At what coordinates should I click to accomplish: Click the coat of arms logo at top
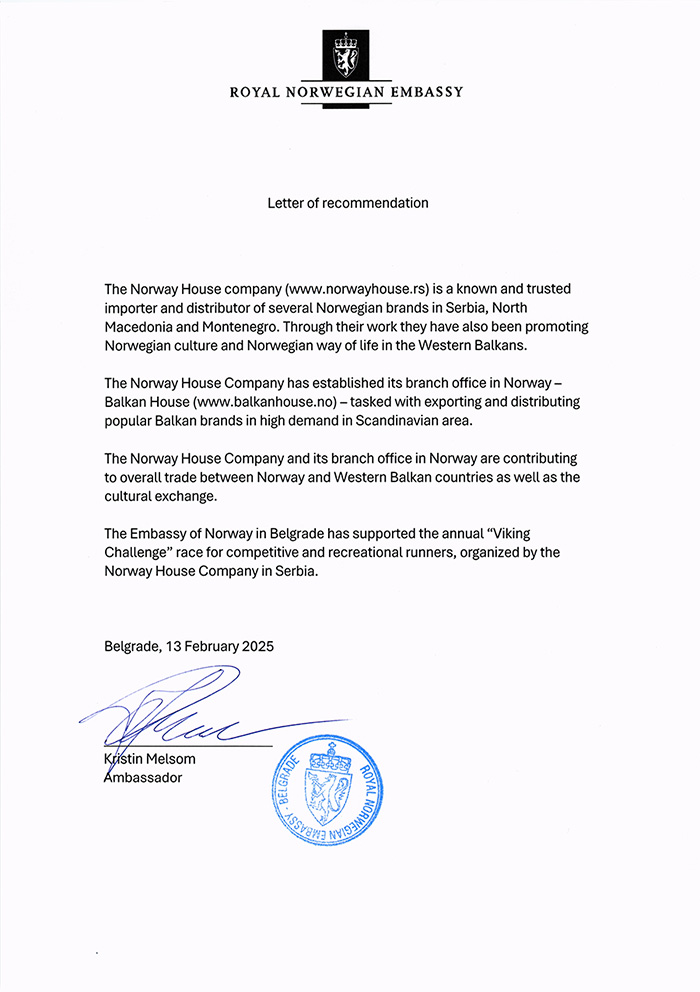[346, 56]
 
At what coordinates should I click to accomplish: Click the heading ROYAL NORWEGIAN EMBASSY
[346, 92]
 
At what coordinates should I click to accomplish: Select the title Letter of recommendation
[348, 203]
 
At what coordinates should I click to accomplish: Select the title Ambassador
[143, 777]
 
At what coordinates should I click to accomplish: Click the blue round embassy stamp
[326, 791]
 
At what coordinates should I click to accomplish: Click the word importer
[132, 308]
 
